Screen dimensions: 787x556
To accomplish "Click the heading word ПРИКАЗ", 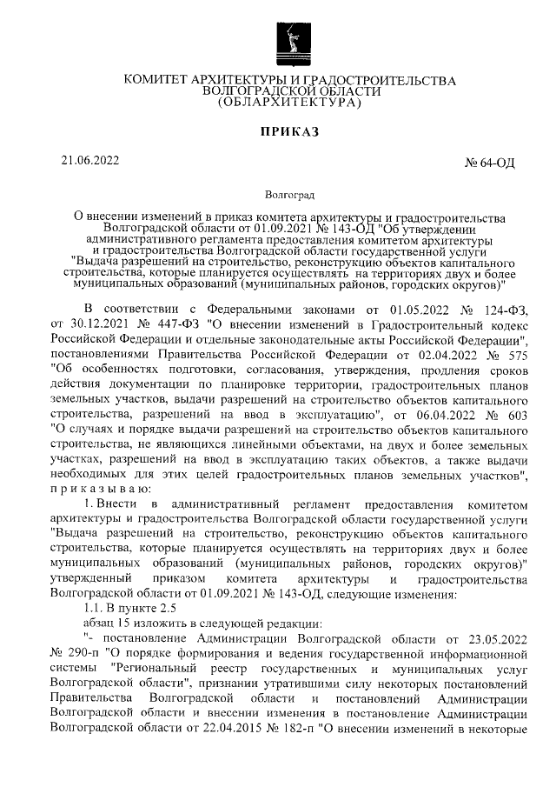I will click(x=290, y=132).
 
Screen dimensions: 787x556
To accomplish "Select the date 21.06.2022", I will click(x=89, y=160).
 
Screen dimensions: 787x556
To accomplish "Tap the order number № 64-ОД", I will click(x=491, y=164).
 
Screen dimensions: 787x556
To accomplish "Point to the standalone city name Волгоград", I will click(x=289, y=198).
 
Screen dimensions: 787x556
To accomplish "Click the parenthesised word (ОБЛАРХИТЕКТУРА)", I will click(x=289, y=103).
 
